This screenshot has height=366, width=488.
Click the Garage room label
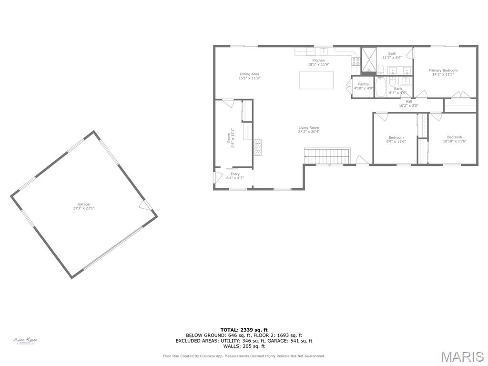pos(84,206)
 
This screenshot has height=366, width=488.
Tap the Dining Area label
pos(249,76)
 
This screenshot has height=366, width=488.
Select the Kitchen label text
pos(319,62)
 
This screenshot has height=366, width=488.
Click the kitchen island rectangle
pos(316,80)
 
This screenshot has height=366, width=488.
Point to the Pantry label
pos(364,86)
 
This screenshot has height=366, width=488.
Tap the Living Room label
pos(309,129)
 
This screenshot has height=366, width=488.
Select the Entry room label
pos(235,176)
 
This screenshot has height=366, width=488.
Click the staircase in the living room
pos(327,155)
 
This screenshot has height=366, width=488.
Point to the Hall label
pos(408,103)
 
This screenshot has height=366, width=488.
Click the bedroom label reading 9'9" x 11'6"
pos(396,141)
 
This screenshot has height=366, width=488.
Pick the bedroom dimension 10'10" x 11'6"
pos(454,141)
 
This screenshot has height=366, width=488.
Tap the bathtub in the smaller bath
pos(381,87)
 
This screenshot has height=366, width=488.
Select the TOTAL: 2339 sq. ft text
pos(244,330)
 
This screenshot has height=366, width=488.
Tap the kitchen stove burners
pos(356,61)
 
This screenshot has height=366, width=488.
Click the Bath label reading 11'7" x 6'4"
pos(392,55)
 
